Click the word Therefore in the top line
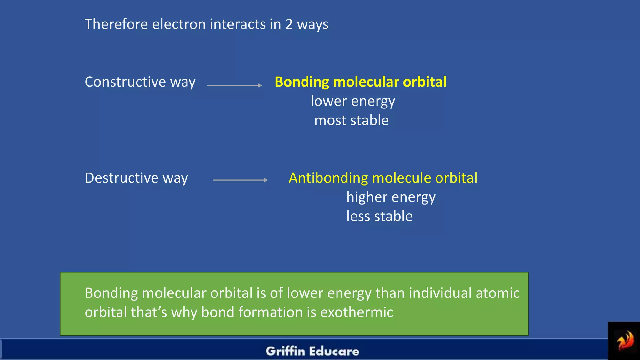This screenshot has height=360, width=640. pyautogui.click(x=116, y=24)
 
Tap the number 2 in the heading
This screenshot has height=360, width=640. pyautogui.click(x=289, y=24)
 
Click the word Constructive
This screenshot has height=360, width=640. pyautogui.click(x=125, y=82)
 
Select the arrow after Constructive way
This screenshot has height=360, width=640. pyautogui.click(x=234, y=85)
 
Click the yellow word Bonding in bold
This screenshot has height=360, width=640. pyautogui.click(x=302, y=82)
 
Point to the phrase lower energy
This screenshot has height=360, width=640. pyautogui.click(x=353, y=101)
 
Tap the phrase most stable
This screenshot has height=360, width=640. pyautogui.click(x=352, y=120)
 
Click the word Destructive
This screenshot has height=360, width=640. pyautogui.click(x=122, y=178)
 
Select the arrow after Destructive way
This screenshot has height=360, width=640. pyautogui.click(x=240, y=180)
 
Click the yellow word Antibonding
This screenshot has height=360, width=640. pyautogui.click(x=328, y=178)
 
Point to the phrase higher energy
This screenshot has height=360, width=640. pyautogui.click(x=391, y=197)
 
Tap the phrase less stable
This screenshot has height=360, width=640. pyautogui.click(x=379, y=216)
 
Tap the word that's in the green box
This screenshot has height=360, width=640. pyautogui.click(x=149, y=312)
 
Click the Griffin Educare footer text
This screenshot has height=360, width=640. pyautogui.click(x=312, y=351)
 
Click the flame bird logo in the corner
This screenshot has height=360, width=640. pyautogui.click(x=625, y=341)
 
